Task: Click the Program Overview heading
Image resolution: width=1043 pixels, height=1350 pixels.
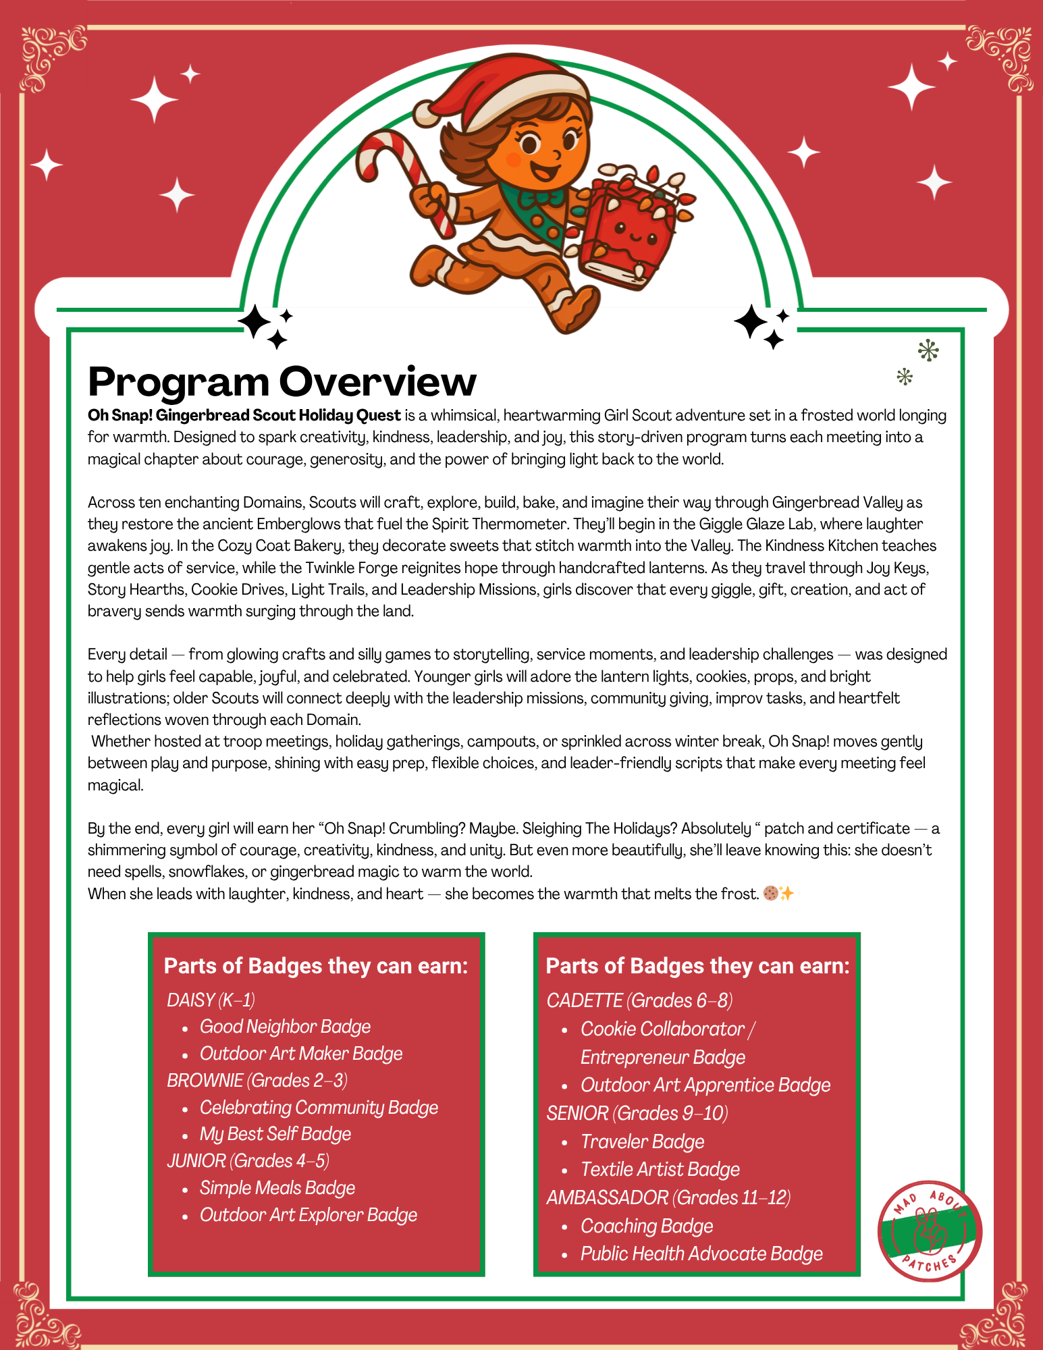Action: [x=282, y=381]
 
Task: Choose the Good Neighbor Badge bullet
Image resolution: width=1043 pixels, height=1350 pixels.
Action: [x=285, y=1027]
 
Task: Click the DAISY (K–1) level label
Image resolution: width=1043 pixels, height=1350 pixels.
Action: [x=211, y=1000]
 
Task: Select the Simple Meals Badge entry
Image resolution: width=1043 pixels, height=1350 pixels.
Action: [x=277, y=1188]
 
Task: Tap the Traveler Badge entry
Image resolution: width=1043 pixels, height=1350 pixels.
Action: [x=642, y=1141]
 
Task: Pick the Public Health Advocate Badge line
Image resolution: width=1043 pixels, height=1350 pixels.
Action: [x=701, y=1253]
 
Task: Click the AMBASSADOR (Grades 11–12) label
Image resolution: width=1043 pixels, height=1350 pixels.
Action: [x=668, y=1197]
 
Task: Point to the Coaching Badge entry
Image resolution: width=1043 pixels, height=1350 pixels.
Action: [x=647, y=1226]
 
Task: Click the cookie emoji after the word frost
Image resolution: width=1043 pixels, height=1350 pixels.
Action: [x=770, y=894]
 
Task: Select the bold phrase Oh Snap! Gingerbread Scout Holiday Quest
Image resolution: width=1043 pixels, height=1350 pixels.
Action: [x=244, y=415]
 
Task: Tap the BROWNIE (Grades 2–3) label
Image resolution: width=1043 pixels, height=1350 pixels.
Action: [x=257, y=1080]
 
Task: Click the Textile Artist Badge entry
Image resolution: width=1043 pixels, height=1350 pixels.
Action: [x=660, y=1169]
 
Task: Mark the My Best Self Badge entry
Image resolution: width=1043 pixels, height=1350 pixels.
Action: [x=275, y=1134]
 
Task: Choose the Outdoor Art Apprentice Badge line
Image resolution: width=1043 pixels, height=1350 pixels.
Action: [x=705, y=1085]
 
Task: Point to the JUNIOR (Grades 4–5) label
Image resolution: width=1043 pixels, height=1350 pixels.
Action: [x=248, y=1161]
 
